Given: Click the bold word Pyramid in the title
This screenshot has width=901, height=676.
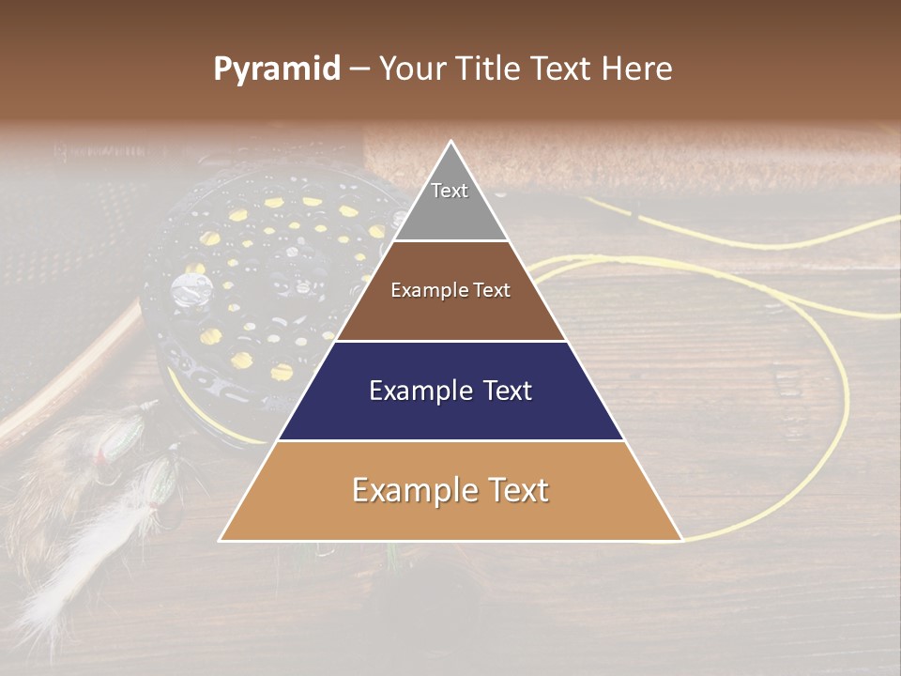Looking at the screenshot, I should click(x=277, y=69).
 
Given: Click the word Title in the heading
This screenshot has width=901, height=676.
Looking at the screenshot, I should click(x=489, y=69).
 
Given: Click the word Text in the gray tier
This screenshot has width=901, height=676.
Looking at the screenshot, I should click(x=450, y=191).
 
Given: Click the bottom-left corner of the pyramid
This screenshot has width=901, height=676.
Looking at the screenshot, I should click(x=222, y=539).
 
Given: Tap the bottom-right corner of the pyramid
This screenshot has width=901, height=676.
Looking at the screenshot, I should click(x=680, y=539).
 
